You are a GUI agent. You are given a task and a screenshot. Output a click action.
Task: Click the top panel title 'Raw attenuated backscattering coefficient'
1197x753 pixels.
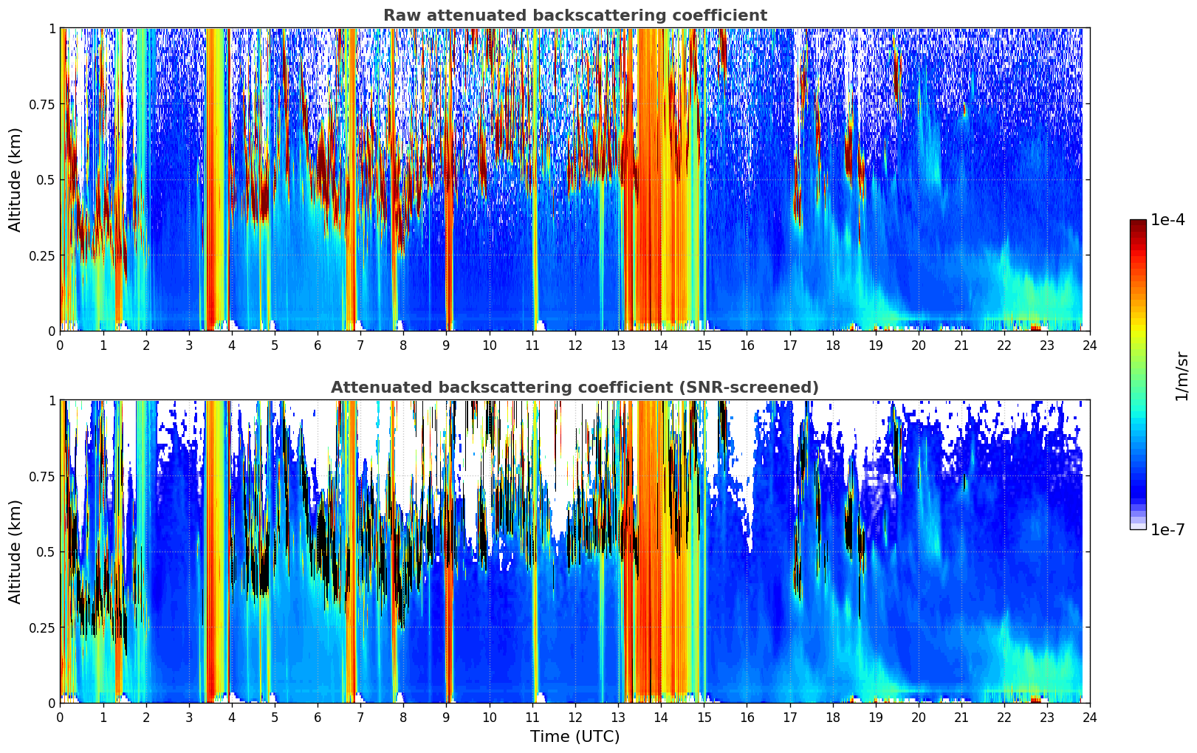point(575,16)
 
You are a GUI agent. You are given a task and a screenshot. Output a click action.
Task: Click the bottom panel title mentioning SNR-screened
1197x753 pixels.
point(575,388)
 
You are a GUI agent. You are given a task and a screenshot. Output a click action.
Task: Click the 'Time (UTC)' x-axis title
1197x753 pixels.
point(575,737)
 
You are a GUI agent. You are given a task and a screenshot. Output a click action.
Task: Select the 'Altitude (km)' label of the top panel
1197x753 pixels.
point(16,179)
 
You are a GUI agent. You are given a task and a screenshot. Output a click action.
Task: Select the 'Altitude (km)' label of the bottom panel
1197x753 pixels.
point(16,551)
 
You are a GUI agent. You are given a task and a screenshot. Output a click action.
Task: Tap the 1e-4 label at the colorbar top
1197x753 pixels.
point(1167,220)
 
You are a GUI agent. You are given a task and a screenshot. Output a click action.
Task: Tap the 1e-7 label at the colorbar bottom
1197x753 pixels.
point(1167,529)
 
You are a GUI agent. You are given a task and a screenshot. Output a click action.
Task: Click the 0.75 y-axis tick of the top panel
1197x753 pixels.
point(41,104)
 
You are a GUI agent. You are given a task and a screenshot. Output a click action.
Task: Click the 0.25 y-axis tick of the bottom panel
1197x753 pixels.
point(41,627)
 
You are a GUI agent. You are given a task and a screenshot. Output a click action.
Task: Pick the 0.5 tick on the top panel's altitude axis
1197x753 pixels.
point(46,179)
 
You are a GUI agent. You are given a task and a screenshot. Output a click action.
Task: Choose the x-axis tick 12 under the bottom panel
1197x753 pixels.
point(575,717)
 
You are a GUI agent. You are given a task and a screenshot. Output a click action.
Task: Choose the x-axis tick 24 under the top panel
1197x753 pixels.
point(1090,345)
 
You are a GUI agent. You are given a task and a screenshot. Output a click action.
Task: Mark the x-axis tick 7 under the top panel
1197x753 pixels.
point(360,345)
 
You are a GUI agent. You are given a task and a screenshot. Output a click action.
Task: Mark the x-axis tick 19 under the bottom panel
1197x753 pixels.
point(875,717)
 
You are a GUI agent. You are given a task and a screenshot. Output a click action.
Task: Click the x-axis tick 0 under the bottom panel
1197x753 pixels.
point(60,717)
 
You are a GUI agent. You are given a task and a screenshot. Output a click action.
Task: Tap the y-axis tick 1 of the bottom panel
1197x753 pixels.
point(52,401)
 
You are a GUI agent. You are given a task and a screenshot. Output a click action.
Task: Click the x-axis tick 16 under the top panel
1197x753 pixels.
point(747,345)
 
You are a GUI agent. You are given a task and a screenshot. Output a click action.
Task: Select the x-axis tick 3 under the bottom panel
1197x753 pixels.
point(189,717)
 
